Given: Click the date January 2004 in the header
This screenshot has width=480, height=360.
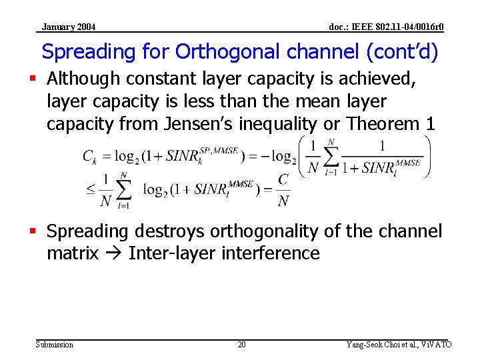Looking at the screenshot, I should (68, 27).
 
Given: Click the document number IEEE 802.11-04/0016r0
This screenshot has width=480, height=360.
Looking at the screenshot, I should (386, 27).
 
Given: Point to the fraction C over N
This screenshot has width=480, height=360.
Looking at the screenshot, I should (283, 190).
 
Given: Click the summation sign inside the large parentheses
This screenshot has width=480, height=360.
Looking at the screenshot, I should (329, 157).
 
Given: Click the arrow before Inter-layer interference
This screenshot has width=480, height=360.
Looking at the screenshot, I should (117, 253).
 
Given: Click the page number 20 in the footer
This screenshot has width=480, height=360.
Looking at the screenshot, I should (241, 345).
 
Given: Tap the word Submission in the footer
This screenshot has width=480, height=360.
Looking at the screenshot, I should (55, 345).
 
